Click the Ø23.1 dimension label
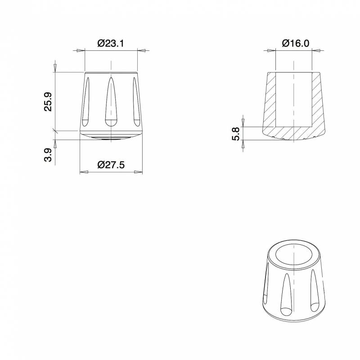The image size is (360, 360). [x=111, y=44]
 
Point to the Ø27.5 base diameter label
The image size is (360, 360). [x=111, y=165]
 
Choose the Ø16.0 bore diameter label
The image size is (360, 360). [x=295, y=44]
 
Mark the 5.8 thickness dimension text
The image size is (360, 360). [x=234, y=134]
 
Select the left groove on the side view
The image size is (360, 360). [x=87, y=100]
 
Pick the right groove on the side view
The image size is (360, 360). [x=135, y=100]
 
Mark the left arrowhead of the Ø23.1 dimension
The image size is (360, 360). [x=81, y=51]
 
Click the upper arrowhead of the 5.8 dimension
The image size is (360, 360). [x=243, y=121]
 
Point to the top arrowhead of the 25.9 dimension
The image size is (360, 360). [x=55, y=67]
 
